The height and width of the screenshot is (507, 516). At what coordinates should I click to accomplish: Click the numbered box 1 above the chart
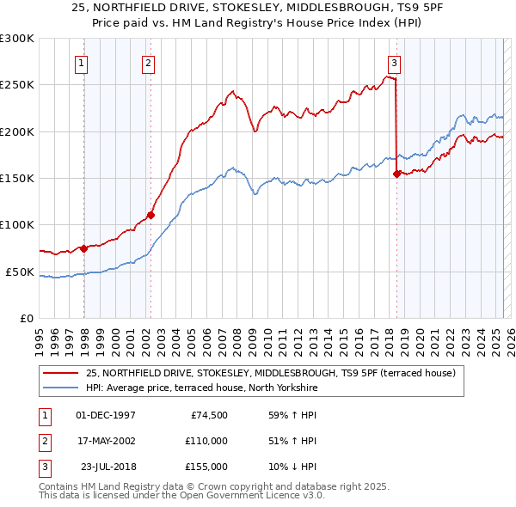[80, 62]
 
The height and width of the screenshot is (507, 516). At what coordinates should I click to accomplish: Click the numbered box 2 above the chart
[148, 62]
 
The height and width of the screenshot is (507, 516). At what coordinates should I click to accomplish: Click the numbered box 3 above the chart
[393, 62]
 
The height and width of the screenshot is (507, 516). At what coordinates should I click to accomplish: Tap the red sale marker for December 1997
[84, 248]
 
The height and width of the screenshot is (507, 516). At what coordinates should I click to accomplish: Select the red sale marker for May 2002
[150, 216]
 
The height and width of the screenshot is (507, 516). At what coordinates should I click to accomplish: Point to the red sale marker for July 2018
[396, 174]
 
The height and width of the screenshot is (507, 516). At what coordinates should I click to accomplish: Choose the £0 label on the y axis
[26, 318]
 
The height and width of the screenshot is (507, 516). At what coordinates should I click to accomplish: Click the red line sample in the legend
[61, 373]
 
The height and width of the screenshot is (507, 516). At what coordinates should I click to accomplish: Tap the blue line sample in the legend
[61, 388]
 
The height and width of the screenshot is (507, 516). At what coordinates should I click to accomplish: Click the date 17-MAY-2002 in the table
[106, 441]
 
